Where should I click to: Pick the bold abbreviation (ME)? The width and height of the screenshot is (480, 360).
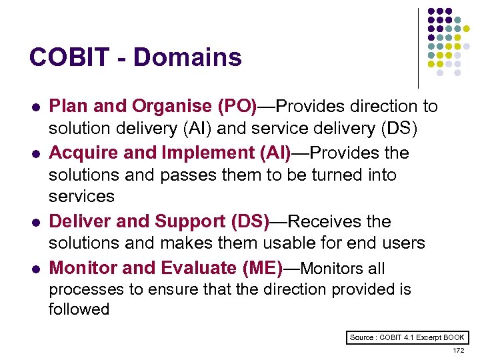(x=259, y=268)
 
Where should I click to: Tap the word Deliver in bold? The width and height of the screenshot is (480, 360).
(x=80, y=221)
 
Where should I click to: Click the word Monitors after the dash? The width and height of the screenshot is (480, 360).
(x=331, y=269)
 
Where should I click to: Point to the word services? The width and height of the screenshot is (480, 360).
(x=81, y=197)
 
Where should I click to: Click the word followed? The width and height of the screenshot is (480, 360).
(x=79, y=309)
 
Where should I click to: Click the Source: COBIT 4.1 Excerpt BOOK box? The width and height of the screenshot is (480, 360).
(x=407, y=337)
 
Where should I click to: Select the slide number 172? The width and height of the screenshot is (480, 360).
(x=458, y=350)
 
